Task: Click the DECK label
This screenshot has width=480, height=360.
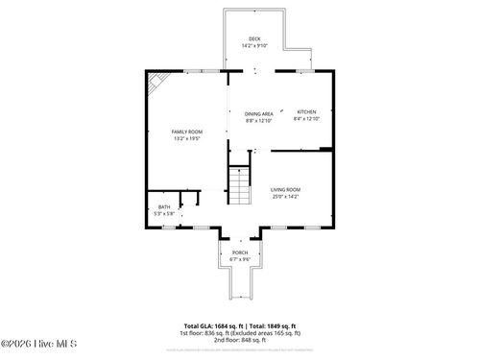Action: (x=254, y=38)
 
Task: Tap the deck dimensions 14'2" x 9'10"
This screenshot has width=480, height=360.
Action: (x=254, y=45)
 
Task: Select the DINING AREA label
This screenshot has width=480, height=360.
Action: (x=258, y=113)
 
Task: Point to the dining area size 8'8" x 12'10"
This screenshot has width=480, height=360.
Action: (x=258, y=120)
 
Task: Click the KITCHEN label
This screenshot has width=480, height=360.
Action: (x=305, y=112)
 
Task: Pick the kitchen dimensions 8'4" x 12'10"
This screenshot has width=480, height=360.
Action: (x=305, y=119)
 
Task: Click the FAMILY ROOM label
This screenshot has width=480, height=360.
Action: (x=187, y=132)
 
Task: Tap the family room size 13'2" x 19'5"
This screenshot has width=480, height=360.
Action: (x=187, y=138)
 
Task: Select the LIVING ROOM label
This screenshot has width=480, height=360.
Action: (x=285, y=190)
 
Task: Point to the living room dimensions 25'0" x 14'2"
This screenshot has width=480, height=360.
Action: (x=285, y=197)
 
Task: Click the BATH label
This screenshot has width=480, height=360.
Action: (x=164, y=206)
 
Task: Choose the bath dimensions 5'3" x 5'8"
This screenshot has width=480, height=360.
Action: (x=164, y=213)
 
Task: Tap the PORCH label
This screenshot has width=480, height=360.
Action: (x=240, y=252)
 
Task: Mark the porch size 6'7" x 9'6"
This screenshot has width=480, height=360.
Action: (x=240, y=259)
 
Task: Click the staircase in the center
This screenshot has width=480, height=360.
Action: (x=239, y=186)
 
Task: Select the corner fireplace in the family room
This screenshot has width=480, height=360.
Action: (x=156, y=82)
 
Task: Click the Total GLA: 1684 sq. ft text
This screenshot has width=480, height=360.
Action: (x=211, y=325)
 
